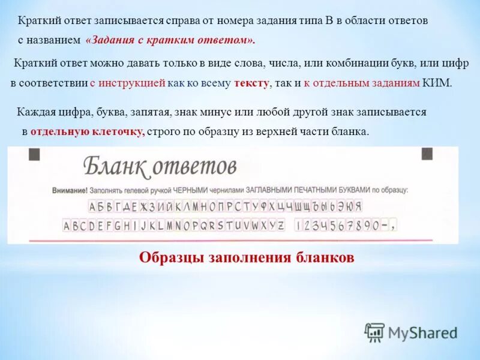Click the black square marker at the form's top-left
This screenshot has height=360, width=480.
pos(34,154)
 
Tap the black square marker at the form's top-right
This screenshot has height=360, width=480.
pos(427,154)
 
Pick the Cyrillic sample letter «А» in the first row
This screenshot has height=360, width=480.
pos(94,207)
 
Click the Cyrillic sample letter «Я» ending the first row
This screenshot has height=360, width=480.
pos(358,207)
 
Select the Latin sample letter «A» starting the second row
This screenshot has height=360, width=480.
pos(67,226)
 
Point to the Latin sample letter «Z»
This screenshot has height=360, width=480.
pos(281,226)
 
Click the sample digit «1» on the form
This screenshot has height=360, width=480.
pos(299,226)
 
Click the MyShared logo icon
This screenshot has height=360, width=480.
pos(375,332)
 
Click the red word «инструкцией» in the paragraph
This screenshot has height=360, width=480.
pos(131,83)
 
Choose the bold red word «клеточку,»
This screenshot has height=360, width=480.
pos(115,131)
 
